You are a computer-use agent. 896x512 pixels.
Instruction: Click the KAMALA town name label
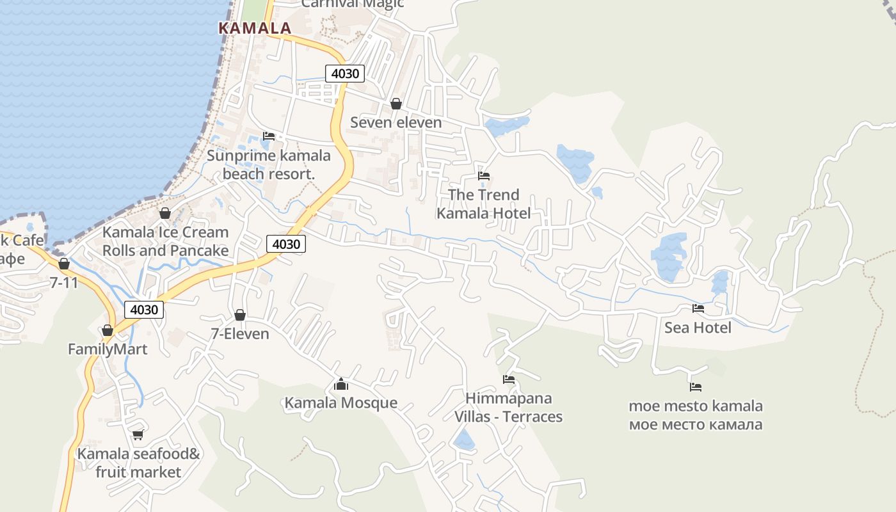pos(255,28)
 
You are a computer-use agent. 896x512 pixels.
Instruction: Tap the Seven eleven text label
pos(396,122)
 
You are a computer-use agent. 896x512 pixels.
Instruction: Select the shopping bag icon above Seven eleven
pos(396,104)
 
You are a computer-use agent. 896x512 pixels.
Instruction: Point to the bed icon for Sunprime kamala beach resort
pos(269,136)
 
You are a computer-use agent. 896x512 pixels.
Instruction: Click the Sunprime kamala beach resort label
pos(269,164)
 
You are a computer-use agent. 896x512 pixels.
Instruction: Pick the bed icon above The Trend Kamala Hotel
pos(484,176)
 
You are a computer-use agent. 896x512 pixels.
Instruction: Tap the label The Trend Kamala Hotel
pos(484,204)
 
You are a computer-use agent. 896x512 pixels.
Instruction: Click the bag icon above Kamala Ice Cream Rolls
pos(165,213)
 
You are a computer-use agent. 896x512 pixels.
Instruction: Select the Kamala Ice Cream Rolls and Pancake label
pos(165,241)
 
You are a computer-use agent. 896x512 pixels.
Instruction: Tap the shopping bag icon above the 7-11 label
pos(64,264)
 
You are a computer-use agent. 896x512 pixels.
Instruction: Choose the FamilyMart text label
pos(108,349)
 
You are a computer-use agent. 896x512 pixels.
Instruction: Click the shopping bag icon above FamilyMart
pos(108,330)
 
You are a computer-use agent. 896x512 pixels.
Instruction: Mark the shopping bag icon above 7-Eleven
pos(240,315)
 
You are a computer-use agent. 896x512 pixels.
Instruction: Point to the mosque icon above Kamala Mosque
pos(341,384)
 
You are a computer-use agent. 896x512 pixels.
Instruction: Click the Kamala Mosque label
pos(341,403)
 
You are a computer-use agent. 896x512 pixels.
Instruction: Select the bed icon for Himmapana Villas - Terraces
pos(509,380)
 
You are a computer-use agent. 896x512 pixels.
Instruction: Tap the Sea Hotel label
pos(698,328)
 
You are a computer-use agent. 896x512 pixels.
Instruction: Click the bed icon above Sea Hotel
pos(698,308)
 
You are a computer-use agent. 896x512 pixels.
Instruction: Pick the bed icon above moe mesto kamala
pos(696,387)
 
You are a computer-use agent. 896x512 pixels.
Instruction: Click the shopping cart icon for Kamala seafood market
pos(138,435)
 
